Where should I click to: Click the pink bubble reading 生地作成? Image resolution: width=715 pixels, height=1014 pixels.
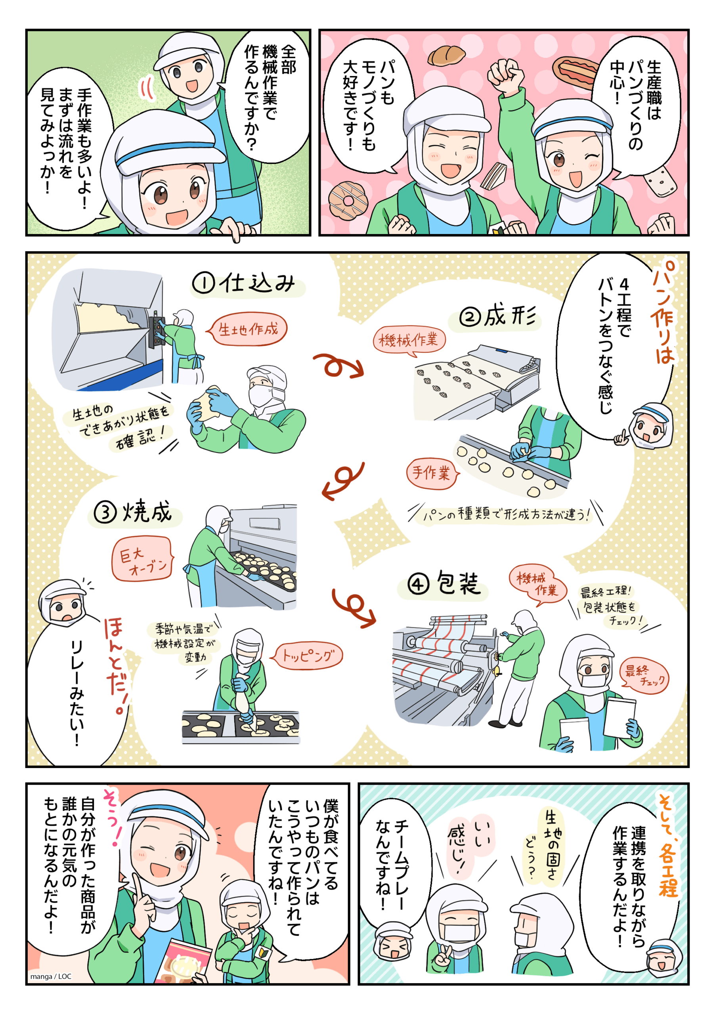(247, 329)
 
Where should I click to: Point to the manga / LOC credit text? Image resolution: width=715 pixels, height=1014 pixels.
(51, 976)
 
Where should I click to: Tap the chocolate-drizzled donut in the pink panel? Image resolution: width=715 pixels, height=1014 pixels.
(348, 201)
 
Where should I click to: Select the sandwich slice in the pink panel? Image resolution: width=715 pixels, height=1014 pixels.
(493, 176)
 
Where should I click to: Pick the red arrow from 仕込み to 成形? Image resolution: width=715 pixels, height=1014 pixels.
(338, 366)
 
